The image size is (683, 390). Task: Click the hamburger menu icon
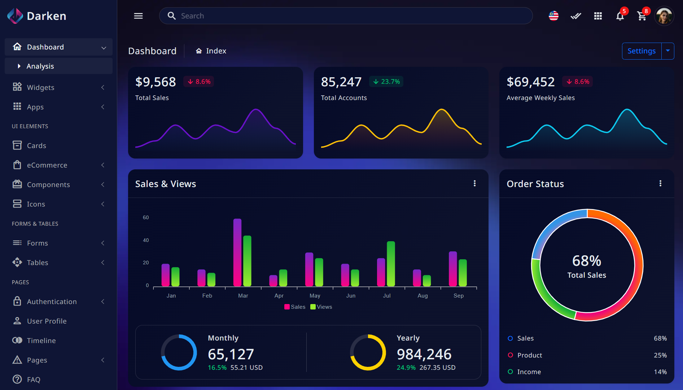(138, 16)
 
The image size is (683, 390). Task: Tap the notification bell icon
(620, 16)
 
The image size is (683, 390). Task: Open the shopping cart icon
(642, 16)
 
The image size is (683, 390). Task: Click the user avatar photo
(664, 16)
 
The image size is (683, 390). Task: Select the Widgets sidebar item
(40, 87)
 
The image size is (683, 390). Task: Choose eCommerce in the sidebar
(47, 165)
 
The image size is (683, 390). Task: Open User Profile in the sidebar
(47, 321)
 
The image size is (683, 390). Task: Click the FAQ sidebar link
(33, 380)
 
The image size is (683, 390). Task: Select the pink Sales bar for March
(237, 253)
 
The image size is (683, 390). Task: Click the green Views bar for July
(391, 264)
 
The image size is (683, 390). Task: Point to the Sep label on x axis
(459, 296)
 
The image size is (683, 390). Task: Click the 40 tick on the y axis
(146, 240)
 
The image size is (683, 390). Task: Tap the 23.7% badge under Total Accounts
(386, 82)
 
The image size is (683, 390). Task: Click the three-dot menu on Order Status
(660, 183)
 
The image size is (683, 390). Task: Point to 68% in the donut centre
(587, 261)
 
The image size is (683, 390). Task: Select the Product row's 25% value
(660, 355)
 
